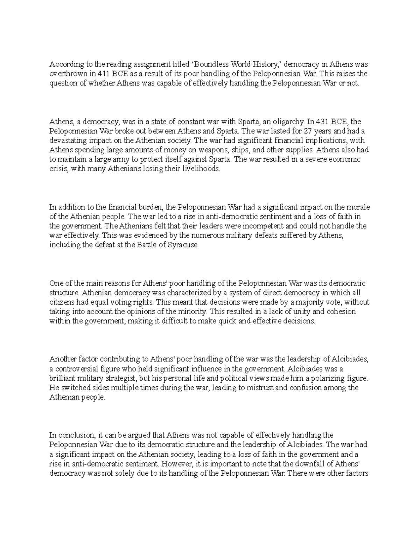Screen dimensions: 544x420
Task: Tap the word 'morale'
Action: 359,207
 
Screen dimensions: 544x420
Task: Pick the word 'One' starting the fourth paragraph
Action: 56,283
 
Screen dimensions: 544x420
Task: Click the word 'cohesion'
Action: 341,312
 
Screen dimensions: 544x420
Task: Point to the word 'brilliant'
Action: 61,378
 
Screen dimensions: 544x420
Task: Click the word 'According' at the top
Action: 63,65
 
